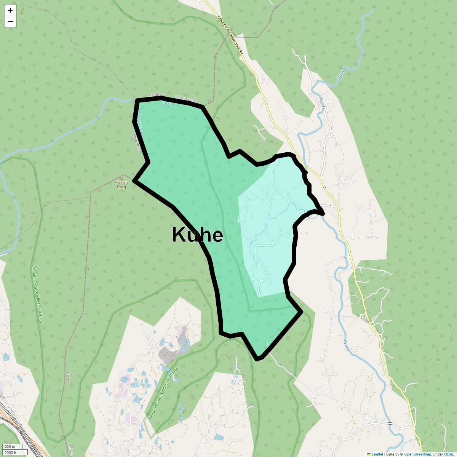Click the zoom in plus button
(x=10, y=10)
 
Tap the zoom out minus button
(x=10, y=22)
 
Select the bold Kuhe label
(x=197, y=235)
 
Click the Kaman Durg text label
(x=121, y=185)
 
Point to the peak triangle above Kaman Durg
(x=121, y=178)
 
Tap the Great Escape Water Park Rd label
(x=230, y=36)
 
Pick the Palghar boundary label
(x=156, y=95)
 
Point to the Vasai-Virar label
(x=137, y=141)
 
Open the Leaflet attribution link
(x=377, y=454)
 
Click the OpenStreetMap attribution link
(x=417, y=454)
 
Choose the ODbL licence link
(x=448, y=454)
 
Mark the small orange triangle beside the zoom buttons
(x=22, y=13)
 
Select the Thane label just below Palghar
(x=168, y=103)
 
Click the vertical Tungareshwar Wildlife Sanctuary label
(x=37, y=294)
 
